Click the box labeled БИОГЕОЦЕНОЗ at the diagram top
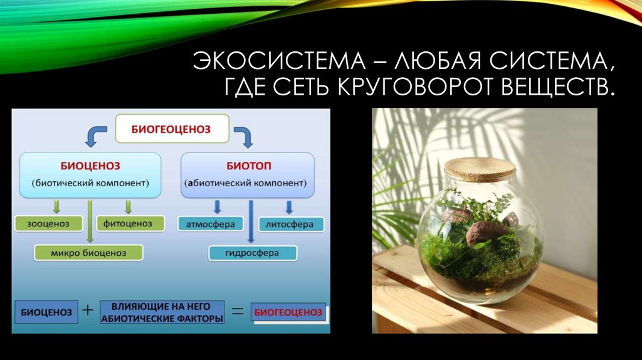point(170,130)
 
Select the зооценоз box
point(47,223)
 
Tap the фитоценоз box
point(130,223)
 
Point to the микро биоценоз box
point(88,253)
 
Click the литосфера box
point(291,224)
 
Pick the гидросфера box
point(253,253)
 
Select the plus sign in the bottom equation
point(88,309)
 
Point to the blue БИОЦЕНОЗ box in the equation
point(46,312)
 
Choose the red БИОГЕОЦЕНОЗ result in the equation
point(288,312)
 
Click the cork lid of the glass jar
point(480,167)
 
